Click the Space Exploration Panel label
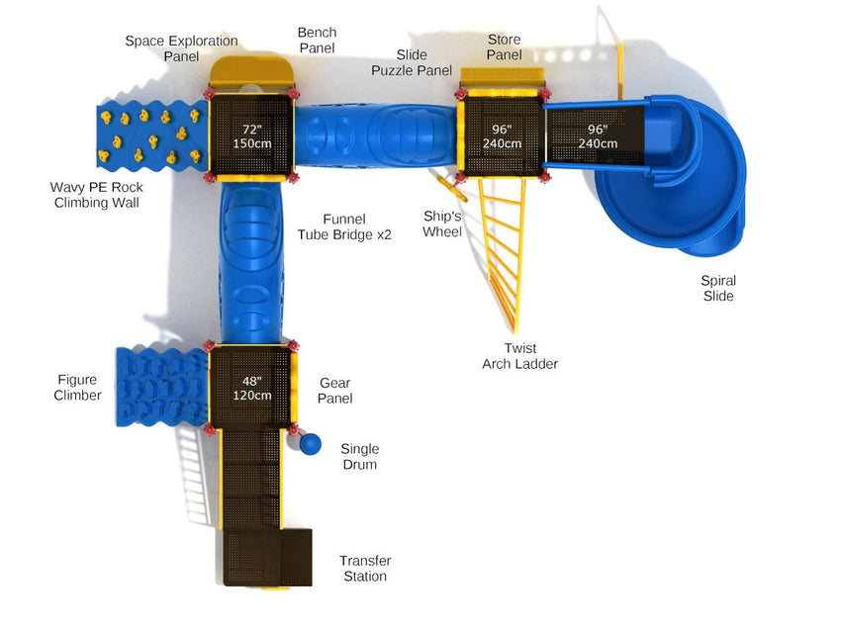click(181, 48)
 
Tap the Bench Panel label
click(317, 41)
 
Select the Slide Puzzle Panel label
click(412, 62)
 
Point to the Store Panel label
click(504, 46)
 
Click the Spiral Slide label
click(718, 288)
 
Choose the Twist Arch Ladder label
click(519, 356)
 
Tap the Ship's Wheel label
click(442, 224)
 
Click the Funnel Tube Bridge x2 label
click(344, 226)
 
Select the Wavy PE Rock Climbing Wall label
click(97, 195)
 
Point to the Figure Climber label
click(78, 388)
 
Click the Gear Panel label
click(334, 391)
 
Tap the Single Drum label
click(359, 457)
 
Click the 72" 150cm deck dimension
click(251, 136)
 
